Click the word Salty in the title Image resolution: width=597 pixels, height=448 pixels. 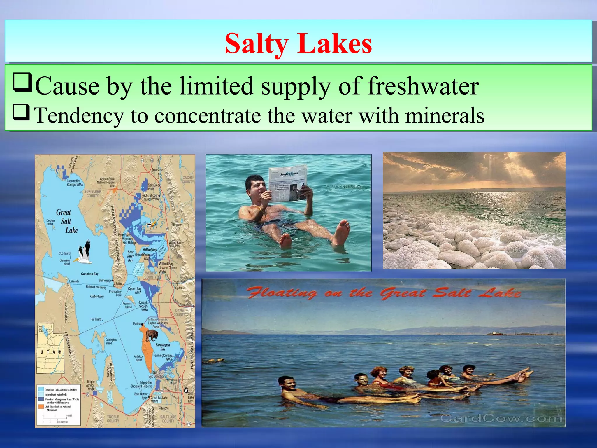257,44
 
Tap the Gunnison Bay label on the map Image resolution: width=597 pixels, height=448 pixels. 89,274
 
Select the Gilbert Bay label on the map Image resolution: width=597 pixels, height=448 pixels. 97,296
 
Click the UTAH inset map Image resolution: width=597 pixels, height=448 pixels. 50,349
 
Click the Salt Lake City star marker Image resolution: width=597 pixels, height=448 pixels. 186,390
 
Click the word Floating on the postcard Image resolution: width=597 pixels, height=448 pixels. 282,293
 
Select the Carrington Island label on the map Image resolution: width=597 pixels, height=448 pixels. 110,342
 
